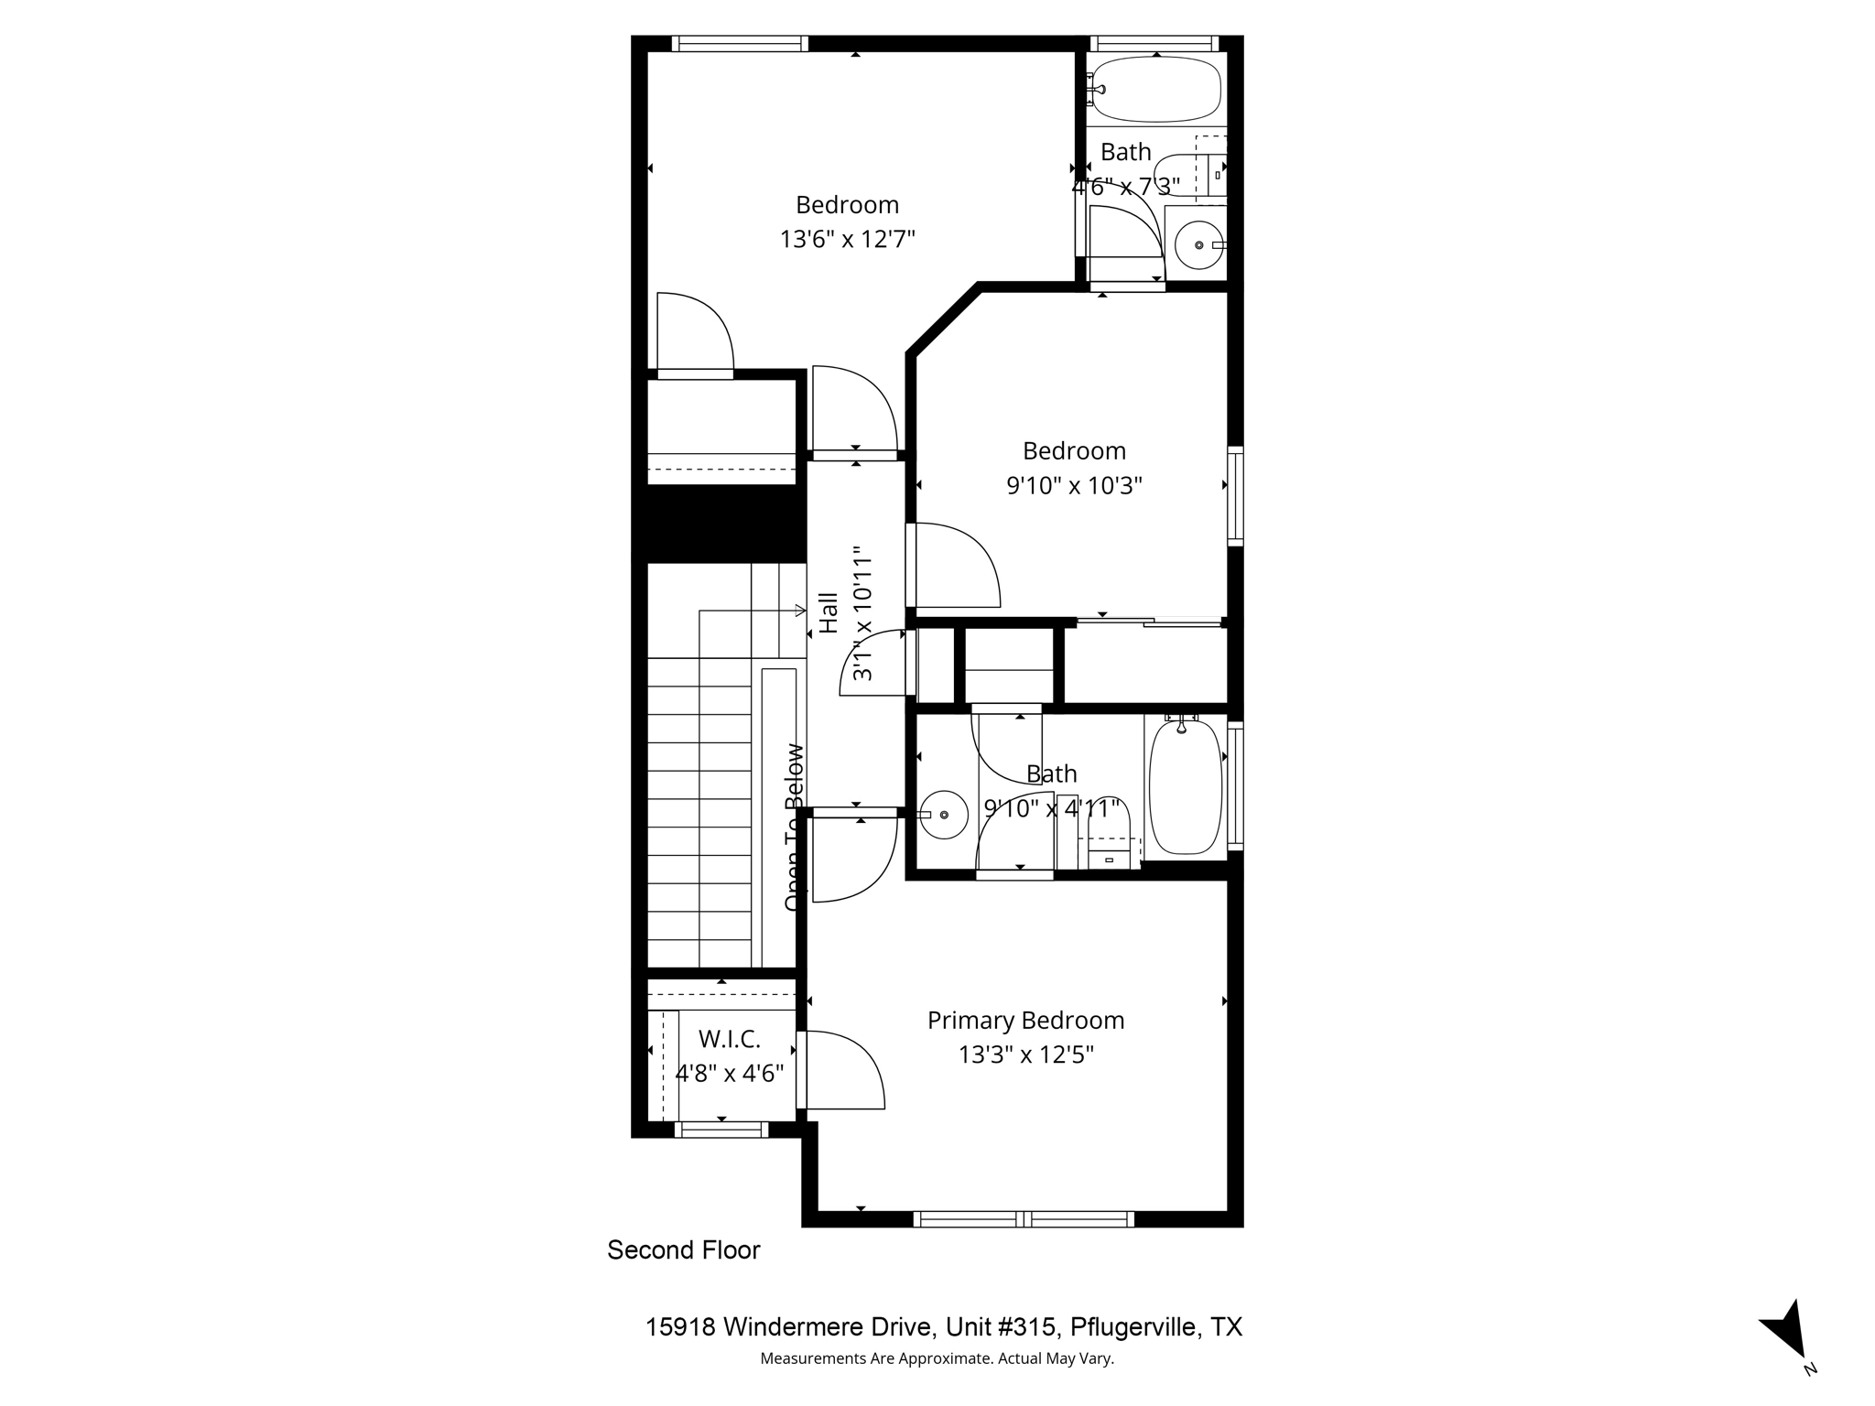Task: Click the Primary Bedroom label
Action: point(1025,1020)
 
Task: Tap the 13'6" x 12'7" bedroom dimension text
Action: point(847,239)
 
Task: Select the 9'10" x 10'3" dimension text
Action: point(1074,485)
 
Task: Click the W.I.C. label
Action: point(730,1039)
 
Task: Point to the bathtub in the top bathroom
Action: point(1157,90)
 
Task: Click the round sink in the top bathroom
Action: point(1199,244)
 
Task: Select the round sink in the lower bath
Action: point(944,814)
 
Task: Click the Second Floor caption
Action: point(683,1250)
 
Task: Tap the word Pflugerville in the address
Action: point(1135,1327)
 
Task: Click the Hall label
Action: point(829,613)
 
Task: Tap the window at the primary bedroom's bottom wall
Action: point(1024,1218)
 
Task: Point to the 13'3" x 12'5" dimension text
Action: point(1025,1055)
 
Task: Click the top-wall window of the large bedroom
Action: point(740,43)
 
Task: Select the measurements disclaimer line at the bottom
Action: point(937,1358)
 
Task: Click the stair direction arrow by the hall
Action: point(798,611)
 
